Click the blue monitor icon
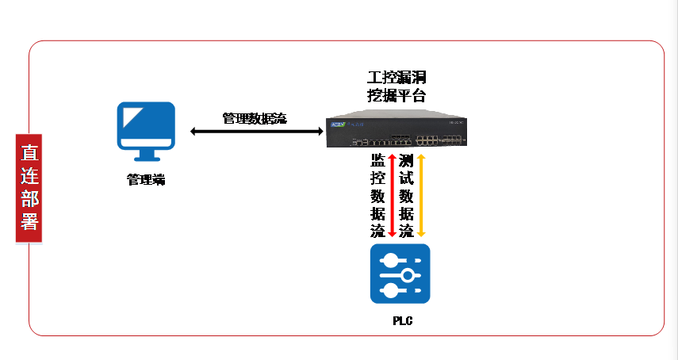pyautogui.click(x=147, y=125)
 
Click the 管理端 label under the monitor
pyautogui.click(x=147, y=180)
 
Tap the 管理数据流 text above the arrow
pyautogui.click(x=255, y=118)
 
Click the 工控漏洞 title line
pyautogui.click(x=396, y=79)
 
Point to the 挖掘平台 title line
pyautogui.click(x=396, y=96)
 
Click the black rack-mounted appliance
pyautogui.click(x=396, y=132)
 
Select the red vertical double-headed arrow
pyautogui.click(x=391, y=195)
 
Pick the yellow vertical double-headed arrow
pyautogui.click(x=421, y=195)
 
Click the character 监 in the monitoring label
pyautogui.click(x=377, y=159)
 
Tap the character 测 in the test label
pyautogui.click(x=406, y=159)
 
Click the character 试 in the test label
pyautogui.click(x=406, y=178)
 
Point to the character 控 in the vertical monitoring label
pyautogui.click(x=377, y=178)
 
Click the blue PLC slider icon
pyautogui.click(x=400, y=274)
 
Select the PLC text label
pyautogui.click(x=402, y=321)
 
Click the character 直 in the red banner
pyautogui.click(x=29, y=151)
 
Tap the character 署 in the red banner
pyautogui.click(x=29, y=221)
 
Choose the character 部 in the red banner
pyautogui.click(x=29, y=198)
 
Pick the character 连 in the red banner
pyautogui.click(x=29, y=174)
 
